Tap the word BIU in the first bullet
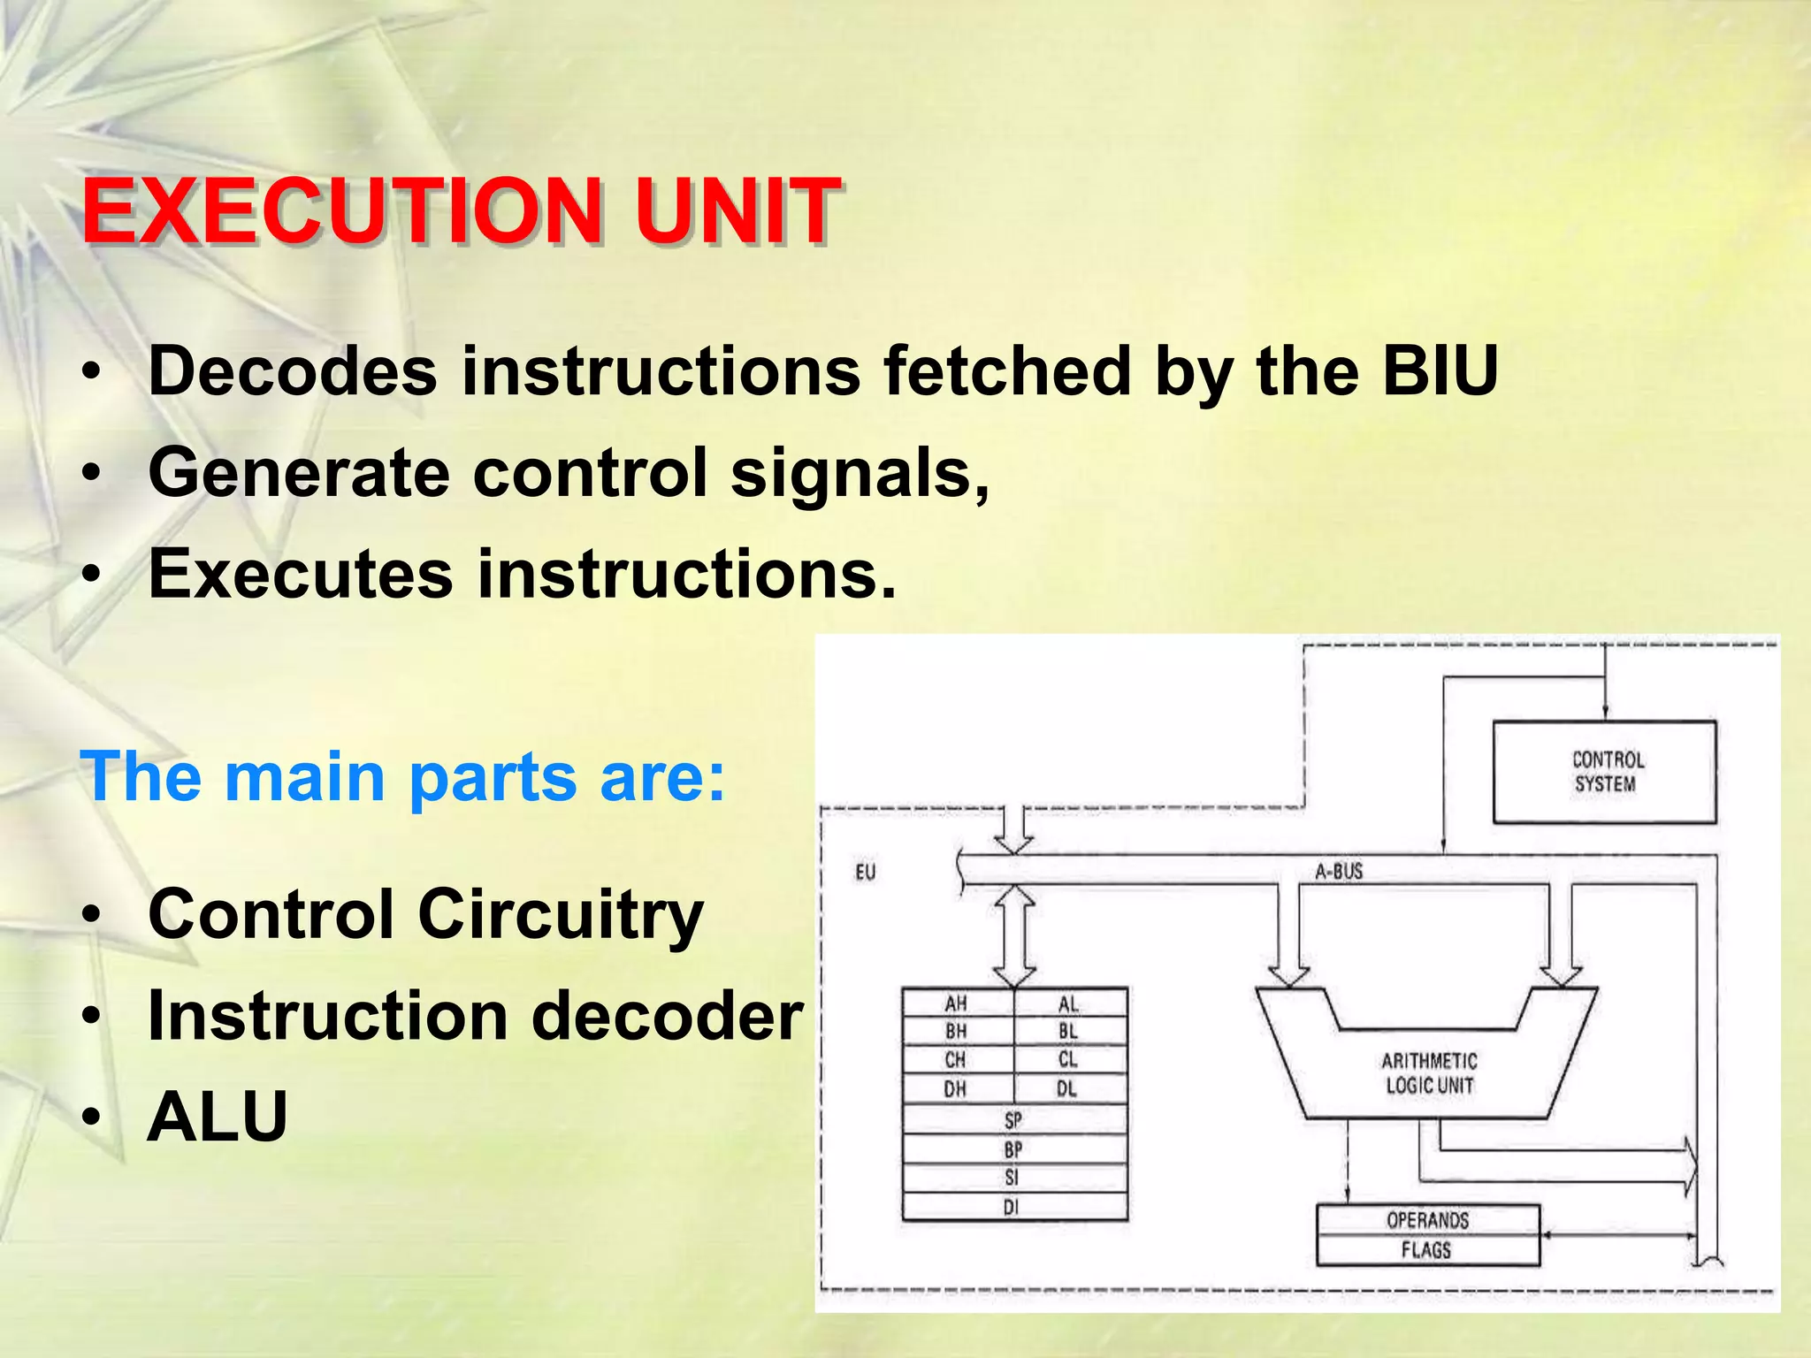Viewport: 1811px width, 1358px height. click(x=1440, y=371)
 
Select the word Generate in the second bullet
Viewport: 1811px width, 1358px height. click(x=299, y=474)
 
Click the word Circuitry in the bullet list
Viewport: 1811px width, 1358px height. click(x=559, y=914)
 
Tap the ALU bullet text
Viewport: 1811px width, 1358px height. click(x=218, y=1118)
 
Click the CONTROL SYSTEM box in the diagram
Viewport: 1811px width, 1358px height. click(x=1604, y=772)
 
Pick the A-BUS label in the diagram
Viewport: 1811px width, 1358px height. click(x=1338, y=872)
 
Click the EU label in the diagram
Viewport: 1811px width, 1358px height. click(x=865, y=873)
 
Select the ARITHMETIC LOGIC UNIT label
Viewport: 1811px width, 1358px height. click(x=1428, y=1072)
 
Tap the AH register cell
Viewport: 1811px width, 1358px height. click(x=956, y=1003)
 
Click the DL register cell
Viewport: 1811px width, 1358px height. click(x=1067, y=1089)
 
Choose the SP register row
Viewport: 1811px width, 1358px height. click(x=1013, y=1120)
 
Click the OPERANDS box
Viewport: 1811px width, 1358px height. click(x=1427, y=1220)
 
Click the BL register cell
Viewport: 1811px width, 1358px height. click(x=1067, y=1032)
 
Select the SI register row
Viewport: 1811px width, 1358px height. click(x=1012, y=1178)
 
